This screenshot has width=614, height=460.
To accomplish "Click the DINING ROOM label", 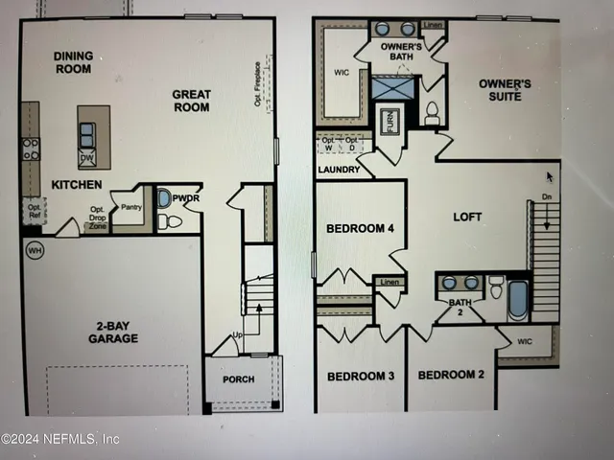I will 73,62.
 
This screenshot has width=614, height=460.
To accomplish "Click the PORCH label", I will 239,379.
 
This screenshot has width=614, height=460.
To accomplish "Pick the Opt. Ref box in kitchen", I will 34,209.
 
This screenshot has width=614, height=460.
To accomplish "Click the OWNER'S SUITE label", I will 505,90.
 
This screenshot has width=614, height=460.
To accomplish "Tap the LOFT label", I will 467,217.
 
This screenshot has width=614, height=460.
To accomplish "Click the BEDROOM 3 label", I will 361,376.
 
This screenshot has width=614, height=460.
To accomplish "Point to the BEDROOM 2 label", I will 452,374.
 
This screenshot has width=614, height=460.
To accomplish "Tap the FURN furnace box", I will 390,123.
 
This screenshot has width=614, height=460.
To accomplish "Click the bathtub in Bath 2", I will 518,300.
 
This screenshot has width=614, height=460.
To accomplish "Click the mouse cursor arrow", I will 550,177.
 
